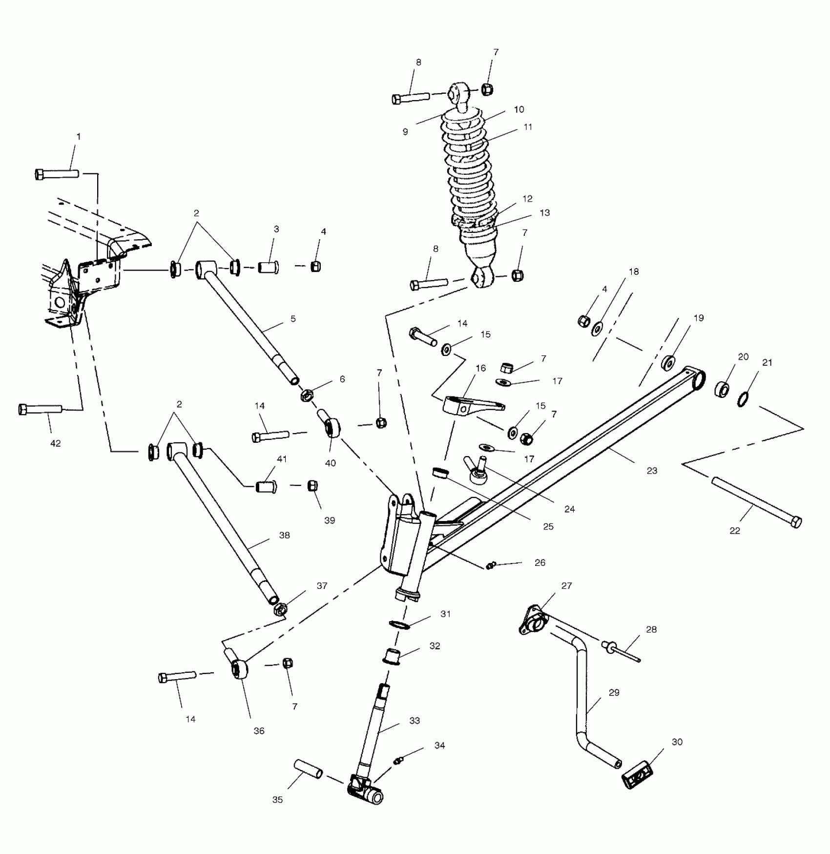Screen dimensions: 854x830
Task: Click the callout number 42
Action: (x=56, y=443)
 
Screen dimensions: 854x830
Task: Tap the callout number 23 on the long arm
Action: (x=652, y=471)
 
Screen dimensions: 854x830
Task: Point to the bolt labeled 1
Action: (x=57, y=173)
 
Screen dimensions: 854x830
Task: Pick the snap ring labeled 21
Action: (x=743, y=400)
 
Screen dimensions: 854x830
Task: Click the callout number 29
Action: (x=614, y=692)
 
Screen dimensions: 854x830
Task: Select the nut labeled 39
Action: (x=312, y=486)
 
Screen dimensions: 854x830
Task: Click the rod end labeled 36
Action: (x=239, y=668)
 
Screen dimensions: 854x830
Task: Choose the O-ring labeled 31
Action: (x=400, y=625)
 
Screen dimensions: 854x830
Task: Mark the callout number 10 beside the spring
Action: (x=519, y=109)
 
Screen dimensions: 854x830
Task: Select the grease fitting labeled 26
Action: (x=491, y=565)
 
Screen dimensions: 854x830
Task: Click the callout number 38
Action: (x=284, y=535)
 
